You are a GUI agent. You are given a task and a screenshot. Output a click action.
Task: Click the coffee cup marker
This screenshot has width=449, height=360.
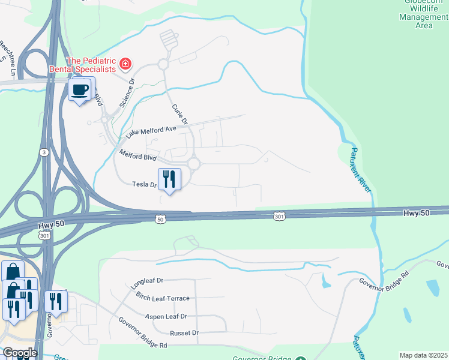point(80,90)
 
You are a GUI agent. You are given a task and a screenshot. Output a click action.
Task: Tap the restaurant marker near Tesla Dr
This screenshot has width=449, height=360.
point(169,179)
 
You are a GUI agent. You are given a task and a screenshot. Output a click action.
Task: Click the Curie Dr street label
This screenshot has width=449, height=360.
point(180,114)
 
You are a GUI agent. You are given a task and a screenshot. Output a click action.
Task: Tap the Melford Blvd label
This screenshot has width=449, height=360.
point(138,157)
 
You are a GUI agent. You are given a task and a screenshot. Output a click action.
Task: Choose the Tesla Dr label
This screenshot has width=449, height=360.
point(144,185)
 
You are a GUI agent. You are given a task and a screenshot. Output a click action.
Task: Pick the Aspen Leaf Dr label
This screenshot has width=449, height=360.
point(166,316)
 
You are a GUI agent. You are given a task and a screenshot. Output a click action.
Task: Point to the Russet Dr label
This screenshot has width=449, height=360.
point(184,332)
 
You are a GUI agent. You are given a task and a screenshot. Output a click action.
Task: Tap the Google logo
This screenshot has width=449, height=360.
point(19,353)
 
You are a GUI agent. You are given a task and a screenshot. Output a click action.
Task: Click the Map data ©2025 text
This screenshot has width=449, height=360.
point(423,355)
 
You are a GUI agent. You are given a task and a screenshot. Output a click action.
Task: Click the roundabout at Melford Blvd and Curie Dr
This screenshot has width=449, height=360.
point(193,163)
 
